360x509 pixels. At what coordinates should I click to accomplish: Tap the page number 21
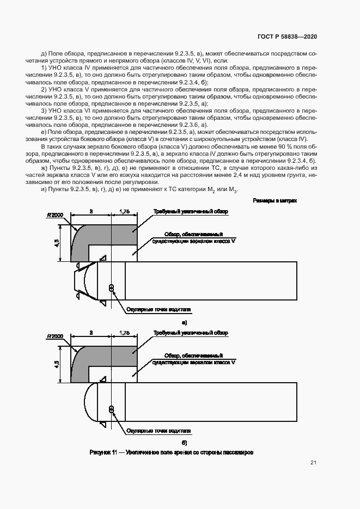point(313,463)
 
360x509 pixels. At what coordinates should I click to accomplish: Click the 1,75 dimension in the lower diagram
point(124,332)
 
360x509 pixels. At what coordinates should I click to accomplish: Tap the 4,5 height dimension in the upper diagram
point(58,242)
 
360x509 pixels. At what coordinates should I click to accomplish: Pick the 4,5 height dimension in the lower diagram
point(58,363)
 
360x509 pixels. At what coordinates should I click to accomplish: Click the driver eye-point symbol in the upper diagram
point(112,288)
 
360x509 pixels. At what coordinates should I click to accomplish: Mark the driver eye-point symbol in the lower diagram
point(112,409)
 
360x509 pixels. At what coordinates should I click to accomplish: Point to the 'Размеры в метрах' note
point(275,201)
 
